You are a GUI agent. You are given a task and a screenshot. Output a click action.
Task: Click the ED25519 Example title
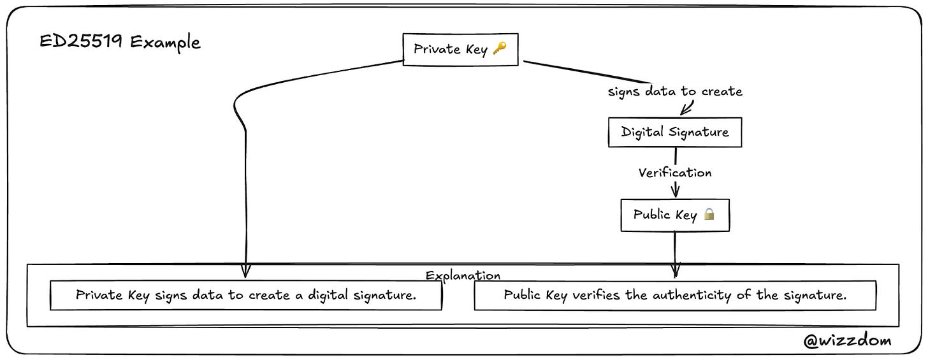tap(120, 42)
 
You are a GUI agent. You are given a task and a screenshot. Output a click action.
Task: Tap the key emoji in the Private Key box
tap(500, 48)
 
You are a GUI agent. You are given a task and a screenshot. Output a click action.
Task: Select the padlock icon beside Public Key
tap(709, 213)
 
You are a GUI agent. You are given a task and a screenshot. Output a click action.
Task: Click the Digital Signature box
tap(675, 132)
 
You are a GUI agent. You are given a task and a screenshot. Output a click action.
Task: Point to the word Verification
tap(675, 172)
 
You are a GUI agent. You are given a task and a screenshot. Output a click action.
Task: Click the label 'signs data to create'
tap(675, 91)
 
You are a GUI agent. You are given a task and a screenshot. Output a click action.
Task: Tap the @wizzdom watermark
tap(847, 340)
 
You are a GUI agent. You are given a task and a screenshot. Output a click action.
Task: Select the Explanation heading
tap(463, 275)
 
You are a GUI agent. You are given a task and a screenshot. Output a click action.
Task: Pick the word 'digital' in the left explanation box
tap(328, 295)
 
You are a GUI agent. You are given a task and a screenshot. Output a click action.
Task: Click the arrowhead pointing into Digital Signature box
tap(686, 110)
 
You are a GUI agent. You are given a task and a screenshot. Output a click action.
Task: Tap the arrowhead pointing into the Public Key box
tap(676, 191)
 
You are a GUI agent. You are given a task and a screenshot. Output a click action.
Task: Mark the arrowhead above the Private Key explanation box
tap(245, 271)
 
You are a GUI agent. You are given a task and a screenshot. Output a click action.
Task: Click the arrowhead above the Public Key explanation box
tap(676, 271)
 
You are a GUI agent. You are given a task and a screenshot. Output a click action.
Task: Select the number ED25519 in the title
tap(81, 41)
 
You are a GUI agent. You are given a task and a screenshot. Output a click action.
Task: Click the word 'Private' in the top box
tap(437, 48)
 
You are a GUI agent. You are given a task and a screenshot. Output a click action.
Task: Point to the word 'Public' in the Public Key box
tap(651, 213)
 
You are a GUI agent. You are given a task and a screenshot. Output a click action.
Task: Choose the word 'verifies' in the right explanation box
tap(596, 295)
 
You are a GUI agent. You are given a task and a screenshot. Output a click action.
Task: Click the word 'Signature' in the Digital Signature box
tap(699, 132)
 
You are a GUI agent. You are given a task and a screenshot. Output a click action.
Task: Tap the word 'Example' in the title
tap(165, 43)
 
